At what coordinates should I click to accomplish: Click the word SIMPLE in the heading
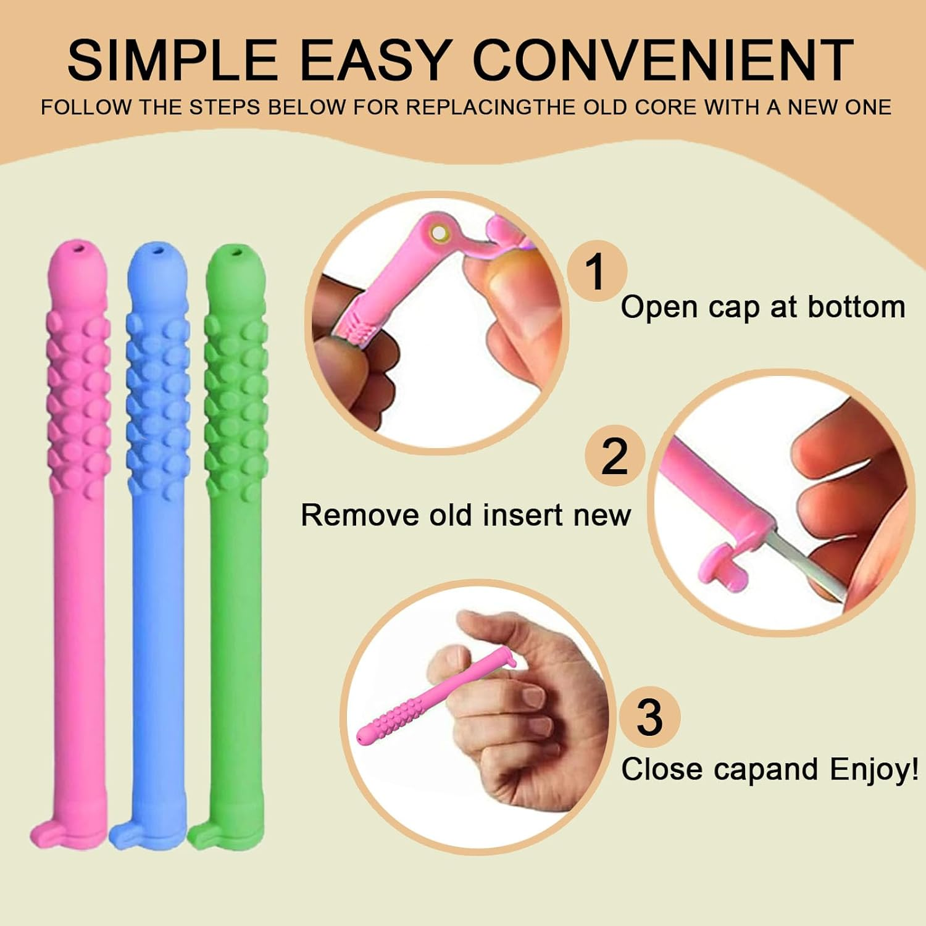(x=172, y=60)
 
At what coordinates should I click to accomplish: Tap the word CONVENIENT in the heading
(x=663, y=60)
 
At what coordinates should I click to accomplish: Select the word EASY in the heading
(x=374, y=60)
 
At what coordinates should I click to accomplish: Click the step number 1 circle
(x=596, y=271)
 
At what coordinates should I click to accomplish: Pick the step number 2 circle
(x=614, y=456)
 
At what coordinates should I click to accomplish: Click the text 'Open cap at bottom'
(x=762, y=307)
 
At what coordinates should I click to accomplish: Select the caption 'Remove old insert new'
(x=465, y=515)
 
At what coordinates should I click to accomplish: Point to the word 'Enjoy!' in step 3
(x=874, y=769)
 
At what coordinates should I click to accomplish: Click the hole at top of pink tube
(x=79, y=249)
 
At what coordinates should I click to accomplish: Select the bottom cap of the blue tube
(x=127, y=836)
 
